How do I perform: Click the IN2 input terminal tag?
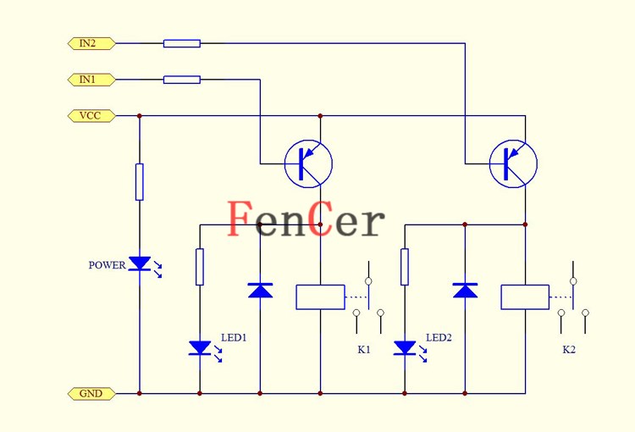90,43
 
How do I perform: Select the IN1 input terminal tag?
90,80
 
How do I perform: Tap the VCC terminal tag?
90,116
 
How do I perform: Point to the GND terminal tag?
90,394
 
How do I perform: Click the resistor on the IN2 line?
182,43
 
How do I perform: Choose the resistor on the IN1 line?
182,80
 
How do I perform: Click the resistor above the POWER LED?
140,182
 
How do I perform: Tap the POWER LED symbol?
140,265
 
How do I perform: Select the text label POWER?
107,265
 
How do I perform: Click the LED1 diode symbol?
200,347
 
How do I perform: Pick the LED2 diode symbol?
405,347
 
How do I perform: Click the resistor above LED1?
200,267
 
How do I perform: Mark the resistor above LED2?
405,267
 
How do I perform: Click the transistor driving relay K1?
308,163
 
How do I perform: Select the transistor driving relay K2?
513,163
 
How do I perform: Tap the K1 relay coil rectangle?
320,297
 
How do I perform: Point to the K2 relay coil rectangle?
525,297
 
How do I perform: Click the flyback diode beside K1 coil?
260,291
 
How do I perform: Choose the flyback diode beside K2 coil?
465,291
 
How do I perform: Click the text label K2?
569,349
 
